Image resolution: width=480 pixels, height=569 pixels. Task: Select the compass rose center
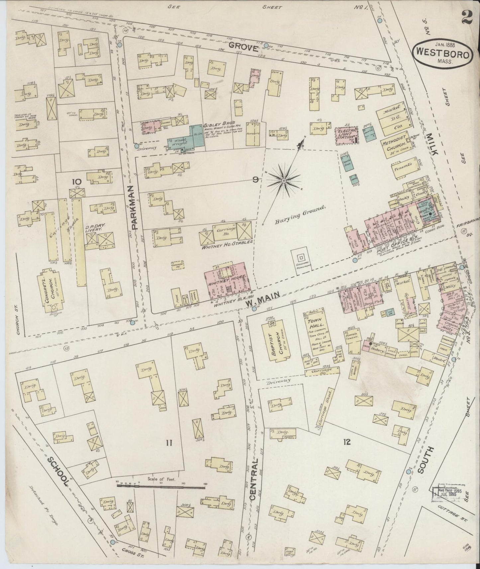tap(284, 180)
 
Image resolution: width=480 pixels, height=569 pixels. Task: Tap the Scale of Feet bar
tap(161, 487)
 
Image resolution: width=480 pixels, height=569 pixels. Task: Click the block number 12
tap(347, 442)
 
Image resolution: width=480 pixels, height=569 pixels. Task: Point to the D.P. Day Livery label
tap(95, 227)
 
